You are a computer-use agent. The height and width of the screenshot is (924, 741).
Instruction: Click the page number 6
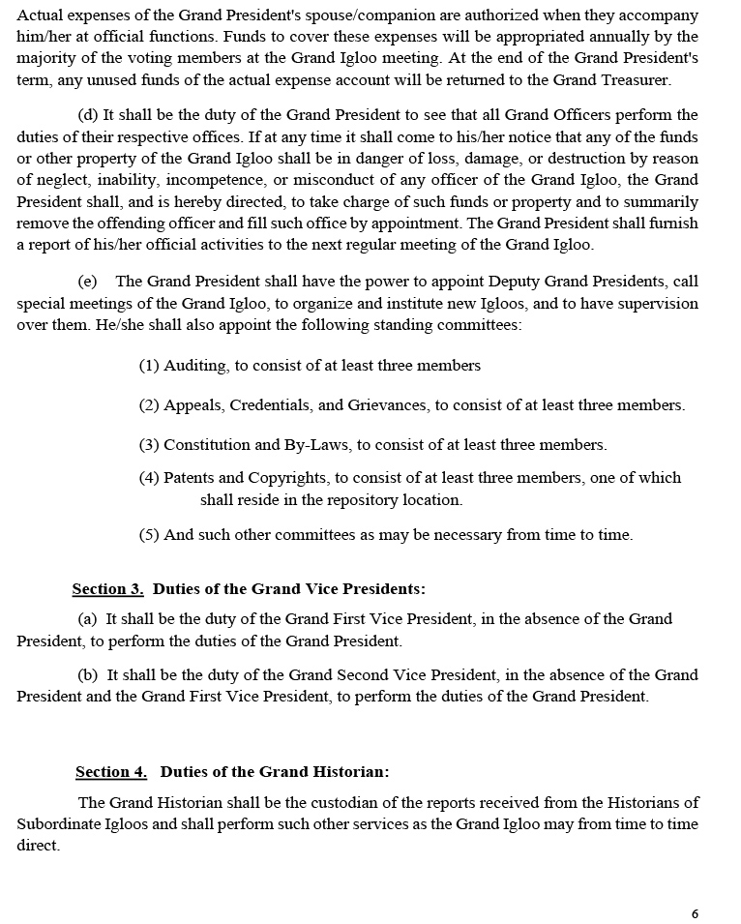(x=695, y=913)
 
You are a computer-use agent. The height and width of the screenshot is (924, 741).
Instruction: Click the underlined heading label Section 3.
(x=107, y=588)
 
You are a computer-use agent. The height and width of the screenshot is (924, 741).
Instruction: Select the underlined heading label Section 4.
(x=111, y=771)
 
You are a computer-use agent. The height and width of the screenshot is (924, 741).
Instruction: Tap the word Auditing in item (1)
(x=196, y=365)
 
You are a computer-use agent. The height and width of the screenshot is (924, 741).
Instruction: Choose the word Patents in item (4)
(x=190, y=477)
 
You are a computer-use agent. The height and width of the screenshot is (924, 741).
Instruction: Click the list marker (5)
(x=149, y=534)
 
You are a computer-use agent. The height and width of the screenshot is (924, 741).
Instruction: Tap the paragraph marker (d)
(x=88, y=115)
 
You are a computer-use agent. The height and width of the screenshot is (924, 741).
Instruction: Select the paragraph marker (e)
(x=88, y=281)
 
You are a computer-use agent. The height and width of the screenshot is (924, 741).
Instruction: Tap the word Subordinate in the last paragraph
(x=58, y=823)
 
